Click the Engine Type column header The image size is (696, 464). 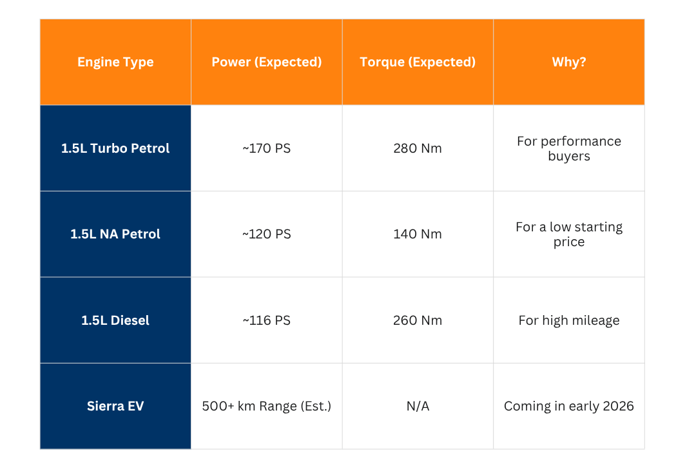(115, 62)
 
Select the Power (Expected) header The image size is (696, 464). (267, 62)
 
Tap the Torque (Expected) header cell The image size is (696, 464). (418, 62)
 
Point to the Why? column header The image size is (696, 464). (569, 62)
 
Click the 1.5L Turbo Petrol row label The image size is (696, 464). (115, 148)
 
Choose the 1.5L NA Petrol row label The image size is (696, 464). (115, 234)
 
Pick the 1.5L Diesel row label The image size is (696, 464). (115, 320)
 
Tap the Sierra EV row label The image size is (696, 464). (115, 406)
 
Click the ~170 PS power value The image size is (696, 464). (267, 148)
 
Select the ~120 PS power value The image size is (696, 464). (267, 234)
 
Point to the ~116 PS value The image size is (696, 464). (267, 320)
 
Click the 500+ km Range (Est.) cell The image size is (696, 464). (267, 406)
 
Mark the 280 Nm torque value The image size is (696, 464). (418, 148)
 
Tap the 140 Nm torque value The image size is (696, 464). (418, 234)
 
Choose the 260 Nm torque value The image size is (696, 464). (418, 320)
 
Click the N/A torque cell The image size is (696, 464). (418, 406)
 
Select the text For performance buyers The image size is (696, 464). (569, 148)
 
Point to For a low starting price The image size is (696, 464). (569, 234)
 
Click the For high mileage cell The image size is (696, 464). (569, 320)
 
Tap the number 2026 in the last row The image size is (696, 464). (617, 406)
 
